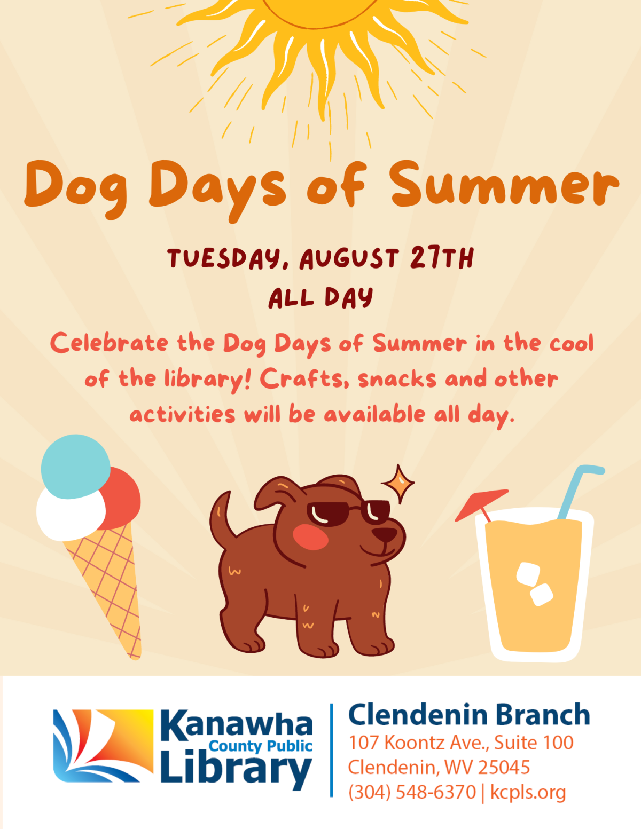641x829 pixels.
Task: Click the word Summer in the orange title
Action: (x=504, y=185)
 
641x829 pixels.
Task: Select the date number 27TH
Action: (x=442, y=258)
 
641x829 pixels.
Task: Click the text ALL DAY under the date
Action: (x=320, y=297)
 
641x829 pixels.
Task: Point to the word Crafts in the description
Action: (x=302, y=379)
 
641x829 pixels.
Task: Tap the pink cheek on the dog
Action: (x=310, y=536)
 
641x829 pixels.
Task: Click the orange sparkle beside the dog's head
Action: (x=398, y=484)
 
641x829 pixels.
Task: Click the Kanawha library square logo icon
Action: (x=103, y=746)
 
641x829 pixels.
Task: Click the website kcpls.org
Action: (x=528, y=792)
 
